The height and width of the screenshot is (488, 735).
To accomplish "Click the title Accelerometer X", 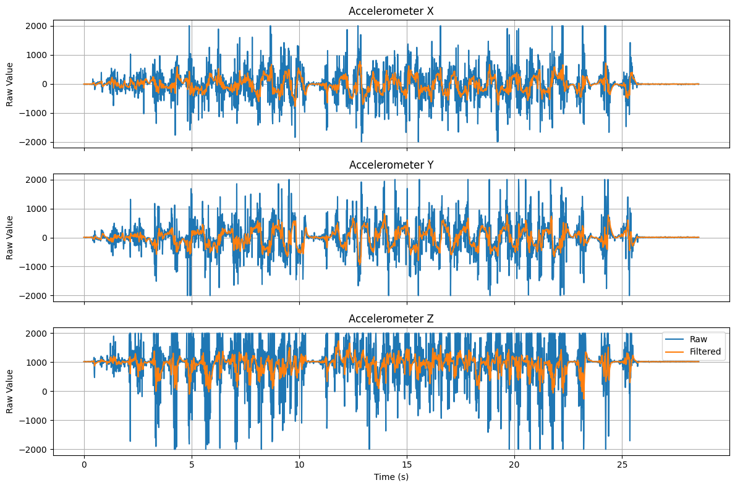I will [391, 11].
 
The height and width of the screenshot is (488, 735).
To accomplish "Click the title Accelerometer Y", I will [391, 165].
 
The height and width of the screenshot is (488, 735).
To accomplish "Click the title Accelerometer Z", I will [391, 319].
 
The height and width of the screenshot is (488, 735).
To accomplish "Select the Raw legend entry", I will [700, 339].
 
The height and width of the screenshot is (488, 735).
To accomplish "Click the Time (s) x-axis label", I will [391, 477].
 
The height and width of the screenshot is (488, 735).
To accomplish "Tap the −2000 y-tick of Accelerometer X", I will [36, 142].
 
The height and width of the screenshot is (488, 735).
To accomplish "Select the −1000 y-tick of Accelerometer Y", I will [36, 267].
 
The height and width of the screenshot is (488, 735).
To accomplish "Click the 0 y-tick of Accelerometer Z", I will [46, 392].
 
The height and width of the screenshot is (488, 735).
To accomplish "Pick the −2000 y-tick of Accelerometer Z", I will [36, 450].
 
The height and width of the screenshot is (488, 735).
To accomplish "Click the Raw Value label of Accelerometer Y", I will [10, 238].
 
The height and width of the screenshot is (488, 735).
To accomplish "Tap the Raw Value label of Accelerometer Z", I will [10, 392].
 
